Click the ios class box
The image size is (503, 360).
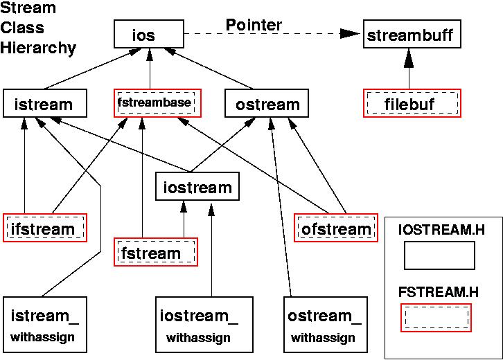tap(149, 34)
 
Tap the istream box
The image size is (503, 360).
tap(45, 105)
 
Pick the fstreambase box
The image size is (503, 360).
tap(157, 104)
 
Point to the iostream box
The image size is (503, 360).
tap(197, 187)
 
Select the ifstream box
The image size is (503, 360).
tap(45, 228)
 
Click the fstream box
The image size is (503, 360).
tap(155, 252)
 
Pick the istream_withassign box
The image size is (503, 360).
tap(44, 326)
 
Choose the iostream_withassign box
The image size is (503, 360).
tap(198, 326)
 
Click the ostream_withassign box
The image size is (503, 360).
tap(324, 326)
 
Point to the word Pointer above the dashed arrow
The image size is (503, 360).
tap(254, 26)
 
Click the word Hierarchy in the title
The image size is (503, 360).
tap(39, 48)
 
